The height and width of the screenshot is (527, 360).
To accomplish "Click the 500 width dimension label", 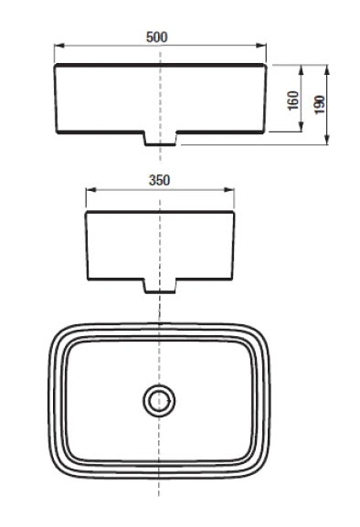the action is [156, 37].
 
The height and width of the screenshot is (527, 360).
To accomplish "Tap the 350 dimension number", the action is [159, 181].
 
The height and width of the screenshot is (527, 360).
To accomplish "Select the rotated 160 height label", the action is [293, 100].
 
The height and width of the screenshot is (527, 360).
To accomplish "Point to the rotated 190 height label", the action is [320, 104].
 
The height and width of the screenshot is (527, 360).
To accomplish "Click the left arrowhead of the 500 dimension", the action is [59, 46].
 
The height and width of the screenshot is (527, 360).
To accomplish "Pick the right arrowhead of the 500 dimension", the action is [261, 46].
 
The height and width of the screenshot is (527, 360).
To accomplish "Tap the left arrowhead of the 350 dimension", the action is [91, 190].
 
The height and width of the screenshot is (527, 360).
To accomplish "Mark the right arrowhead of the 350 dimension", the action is [229, 190].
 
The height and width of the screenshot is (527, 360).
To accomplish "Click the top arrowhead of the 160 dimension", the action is [301, 70].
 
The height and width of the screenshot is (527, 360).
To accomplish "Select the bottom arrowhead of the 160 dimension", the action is [301, 127].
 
